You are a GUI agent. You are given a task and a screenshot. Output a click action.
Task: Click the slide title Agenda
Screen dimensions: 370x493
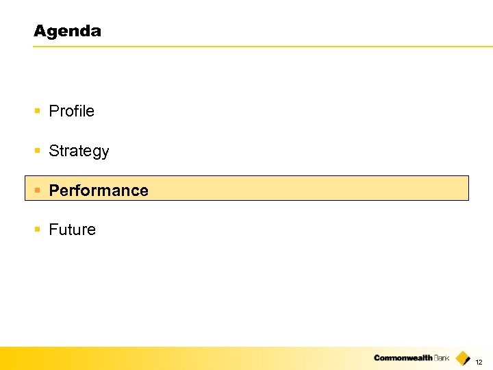click(67, 31)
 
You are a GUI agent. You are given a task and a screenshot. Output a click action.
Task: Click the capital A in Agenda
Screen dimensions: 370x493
click(39, 31)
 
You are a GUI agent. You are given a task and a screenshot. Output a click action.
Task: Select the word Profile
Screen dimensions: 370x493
click(71, 111)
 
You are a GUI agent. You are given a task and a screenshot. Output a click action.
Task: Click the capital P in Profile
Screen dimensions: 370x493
click(53, 111)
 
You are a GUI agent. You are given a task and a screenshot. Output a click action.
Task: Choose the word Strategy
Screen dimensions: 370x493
click(79, 151)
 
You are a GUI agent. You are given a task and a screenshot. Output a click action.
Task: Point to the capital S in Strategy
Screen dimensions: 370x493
click(53, 151)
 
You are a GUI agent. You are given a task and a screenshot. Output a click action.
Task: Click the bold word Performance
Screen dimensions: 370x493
click(99, 190)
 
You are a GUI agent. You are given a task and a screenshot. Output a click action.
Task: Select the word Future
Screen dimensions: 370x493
click(72, 230)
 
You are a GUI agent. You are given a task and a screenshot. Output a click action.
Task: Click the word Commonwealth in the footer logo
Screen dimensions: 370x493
click(403, 358)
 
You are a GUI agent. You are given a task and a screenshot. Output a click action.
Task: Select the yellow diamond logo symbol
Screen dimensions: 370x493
click(463, 358)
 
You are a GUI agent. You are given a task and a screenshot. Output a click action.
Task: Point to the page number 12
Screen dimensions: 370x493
click(479, 361)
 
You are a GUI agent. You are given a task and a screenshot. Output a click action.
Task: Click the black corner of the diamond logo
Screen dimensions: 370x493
click(467, 361)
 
